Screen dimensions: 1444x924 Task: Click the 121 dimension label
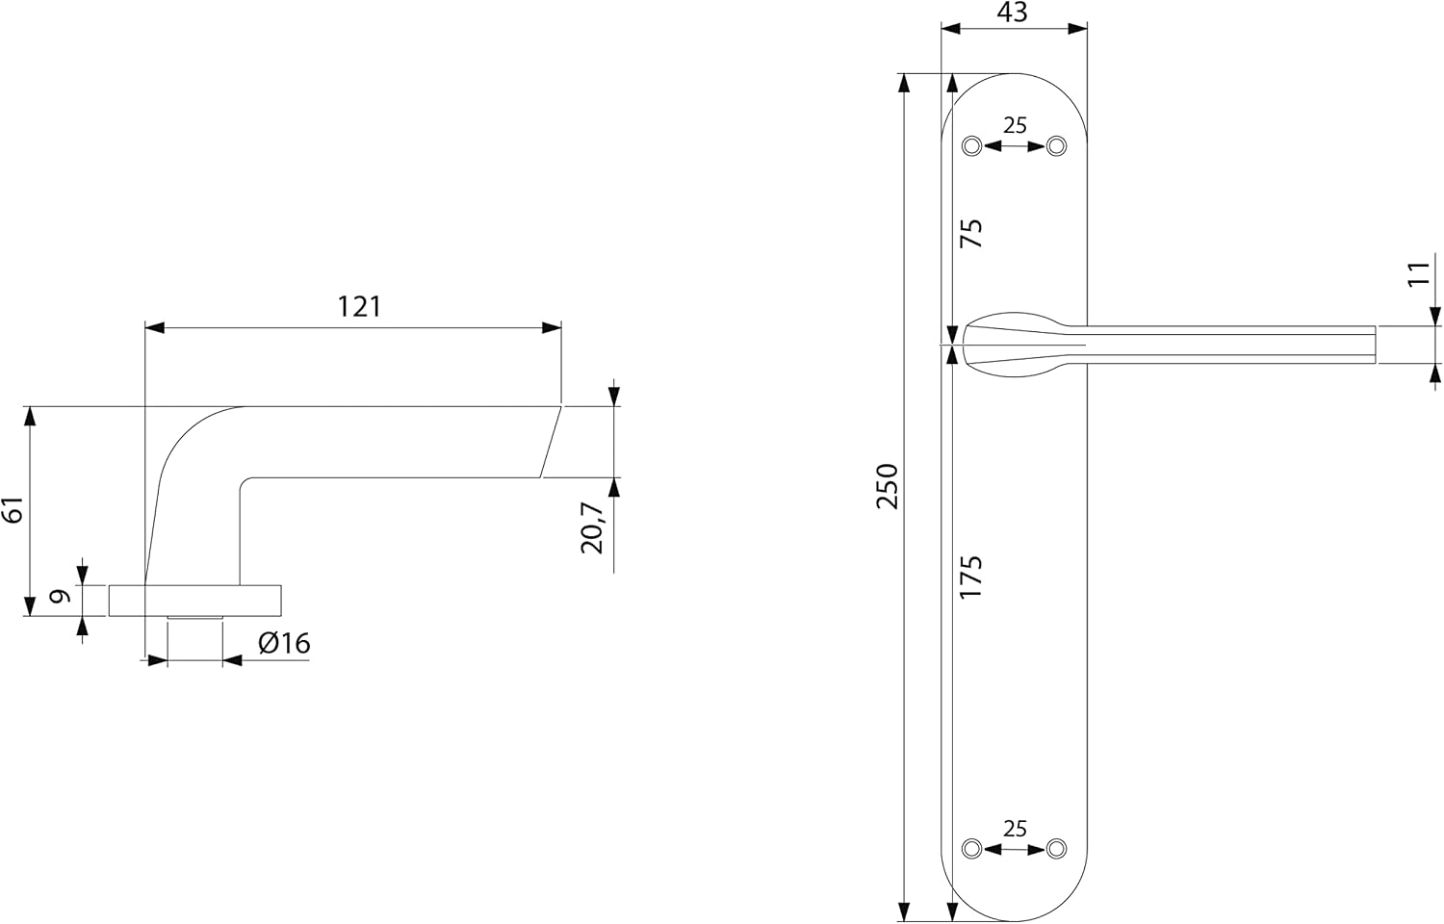pyautogui.click(x=360, y=307)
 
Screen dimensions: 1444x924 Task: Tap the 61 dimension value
pyautogui.click(x=14, y=510)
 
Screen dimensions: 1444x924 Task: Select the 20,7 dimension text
pyautogui.click(x=592, y=528)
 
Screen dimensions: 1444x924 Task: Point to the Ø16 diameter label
pyautogui.click(x=284, y=643)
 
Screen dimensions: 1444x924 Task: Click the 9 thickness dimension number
pyautogui.click(x=61, y=596)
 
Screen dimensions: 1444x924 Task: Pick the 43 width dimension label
pyautogui.click(x=1012, y=13)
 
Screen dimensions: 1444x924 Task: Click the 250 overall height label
pyautogui.click(x=888, y=486)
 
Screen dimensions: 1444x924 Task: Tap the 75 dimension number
pyautogui.click(x=971, y=233)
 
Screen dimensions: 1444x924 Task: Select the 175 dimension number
pyautogui.click(x=971, y=577)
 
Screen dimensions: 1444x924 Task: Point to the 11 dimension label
pyautogui.click(x=1419, y=274)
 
